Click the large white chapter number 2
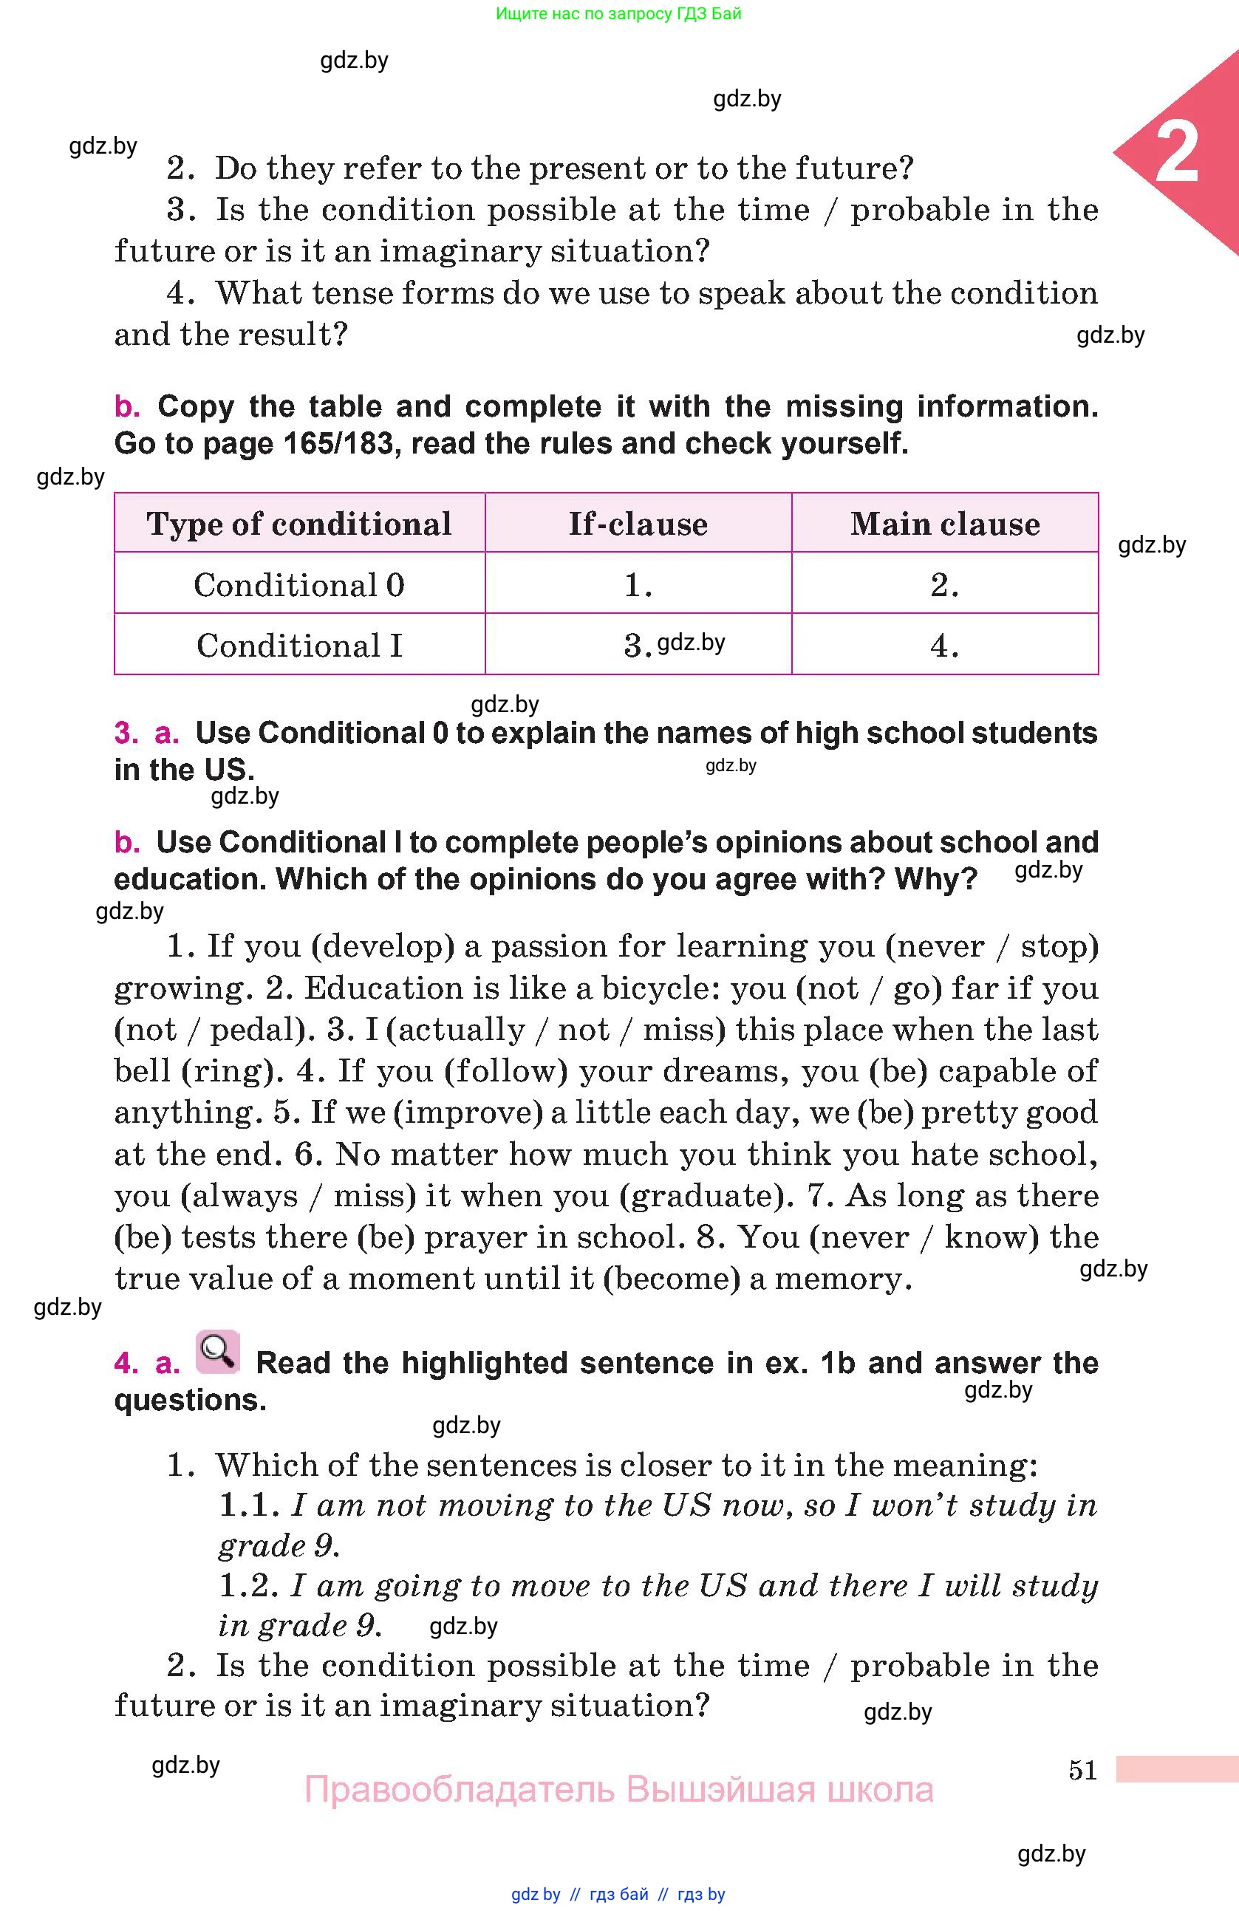pyautogui.click(x=1176, y=154)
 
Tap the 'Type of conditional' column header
pyautogui.click(x=298, y=524)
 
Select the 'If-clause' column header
pyautogui.click(x=638, y=524)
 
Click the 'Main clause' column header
pyautogui.click(x=945, y=524)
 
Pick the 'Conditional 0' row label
pyautogui.click(x=298, y=584)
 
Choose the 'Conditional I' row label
pyautogui.click(x=298, y=646)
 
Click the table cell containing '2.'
pyautogui.click(x=945, y=584)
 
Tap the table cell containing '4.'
pyautogui.click(x=945, y=646)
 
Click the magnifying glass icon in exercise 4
pyautogui.click(x=218, y=1351)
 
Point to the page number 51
pyautogui.click(x=1082, y=1770)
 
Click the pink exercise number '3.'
pyautogui.click(x=126, y=733)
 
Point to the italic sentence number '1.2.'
pyautogui.click(x=249, y=1586)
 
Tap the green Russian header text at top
pyautogui.click(x=618, y=13)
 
